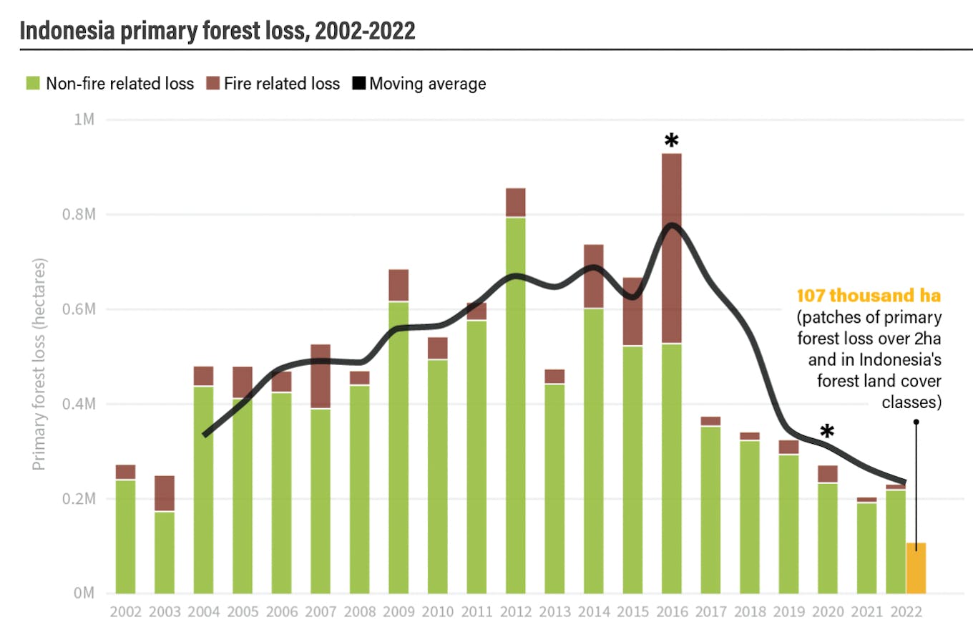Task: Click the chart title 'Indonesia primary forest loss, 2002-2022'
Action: [217, 31]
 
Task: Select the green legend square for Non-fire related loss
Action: [32, 84]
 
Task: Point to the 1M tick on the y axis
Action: [85, 120]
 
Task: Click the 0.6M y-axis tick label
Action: [79, 309]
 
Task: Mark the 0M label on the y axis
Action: [85, 593]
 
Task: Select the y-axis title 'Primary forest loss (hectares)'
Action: [39, 365]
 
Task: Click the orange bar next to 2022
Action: [916, 568]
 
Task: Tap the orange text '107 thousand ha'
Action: [869, 296]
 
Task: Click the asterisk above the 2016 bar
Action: [671, 141]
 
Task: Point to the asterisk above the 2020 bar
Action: [827, 432]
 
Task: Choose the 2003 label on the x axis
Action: [165, 613]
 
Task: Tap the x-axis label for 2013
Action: [554, 613]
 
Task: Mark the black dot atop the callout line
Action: [916, 422]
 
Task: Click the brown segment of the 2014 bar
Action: [593, 276]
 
